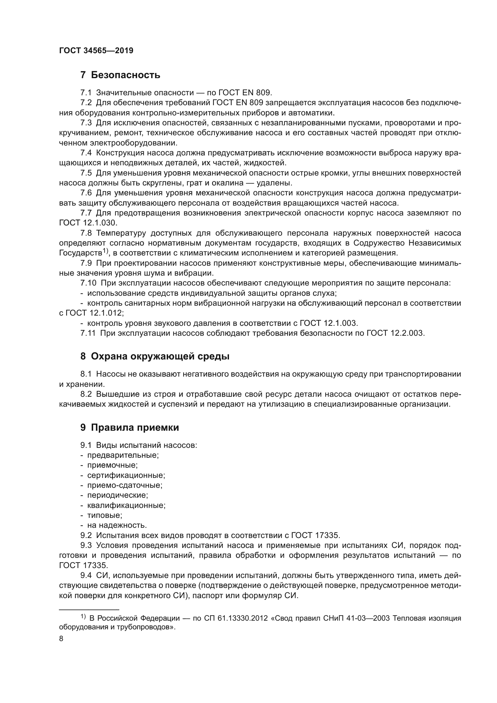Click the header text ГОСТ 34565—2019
pos(96,51)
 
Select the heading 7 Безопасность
pos(120,75)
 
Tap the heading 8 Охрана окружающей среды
pos(155,356)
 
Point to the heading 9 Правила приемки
pos(130,427)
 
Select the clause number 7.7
pos(86,213)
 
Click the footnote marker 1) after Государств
pos(105,251)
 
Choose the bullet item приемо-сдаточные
pos(125,485)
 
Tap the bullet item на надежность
pos(117,525)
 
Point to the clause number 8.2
pos(86,394)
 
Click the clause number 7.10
pos(88,283)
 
